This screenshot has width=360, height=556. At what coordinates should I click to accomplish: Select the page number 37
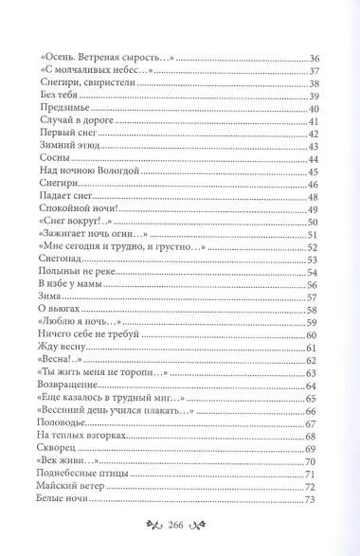coord(315,74)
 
